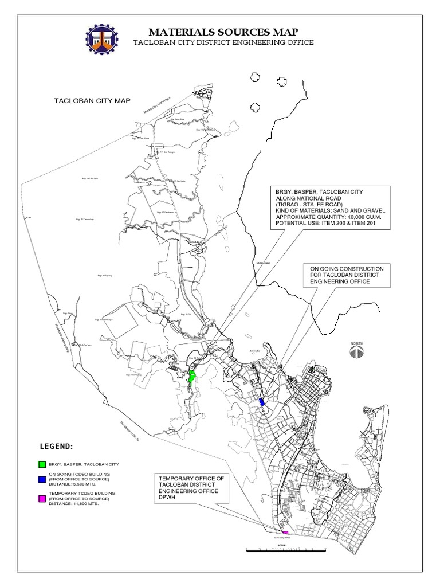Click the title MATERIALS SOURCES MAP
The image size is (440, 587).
click(x=223, y=32)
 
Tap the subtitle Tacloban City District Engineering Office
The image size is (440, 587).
click(x=223, y=44)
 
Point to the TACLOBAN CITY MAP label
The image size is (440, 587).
click(x=92, y=101)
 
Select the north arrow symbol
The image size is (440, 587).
click(x=357, y=352)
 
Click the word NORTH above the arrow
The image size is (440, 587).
click(x=357, y=342)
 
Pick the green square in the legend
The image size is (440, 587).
click(x=42, y=463)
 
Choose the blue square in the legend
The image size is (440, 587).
click(x=42, y=479)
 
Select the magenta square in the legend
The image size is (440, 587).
click(x=42, y=499)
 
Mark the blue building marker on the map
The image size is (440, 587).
click(x=262, y=402)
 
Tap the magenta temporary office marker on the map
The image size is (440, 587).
click(x=285, y=533)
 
